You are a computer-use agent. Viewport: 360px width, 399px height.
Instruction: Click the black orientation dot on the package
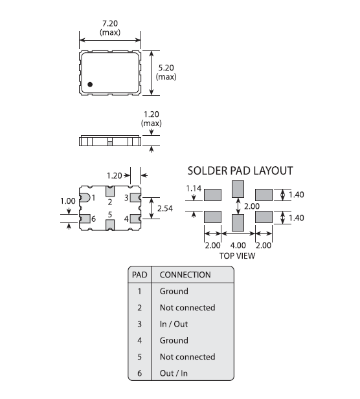coord(90,84)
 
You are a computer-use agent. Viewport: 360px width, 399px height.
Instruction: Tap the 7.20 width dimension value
coord(110,23)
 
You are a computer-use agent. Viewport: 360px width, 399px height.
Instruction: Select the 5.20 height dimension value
coord(166,68)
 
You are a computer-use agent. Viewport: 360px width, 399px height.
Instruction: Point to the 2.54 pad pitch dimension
coord(165,208)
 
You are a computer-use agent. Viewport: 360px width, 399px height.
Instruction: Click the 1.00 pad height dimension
coord(68,201)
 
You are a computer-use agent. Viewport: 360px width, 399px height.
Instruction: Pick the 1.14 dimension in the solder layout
coord(194,188)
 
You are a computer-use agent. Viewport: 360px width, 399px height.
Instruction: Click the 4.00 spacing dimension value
coord(238,245)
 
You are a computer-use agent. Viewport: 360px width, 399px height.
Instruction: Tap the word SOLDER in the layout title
coord(208,171)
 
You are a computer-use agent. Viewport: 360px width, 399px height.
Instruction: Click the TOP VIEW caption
coord(237,255)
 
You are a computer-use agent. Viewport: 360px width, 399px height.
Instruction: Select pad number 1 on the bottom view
coord(93,198)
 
